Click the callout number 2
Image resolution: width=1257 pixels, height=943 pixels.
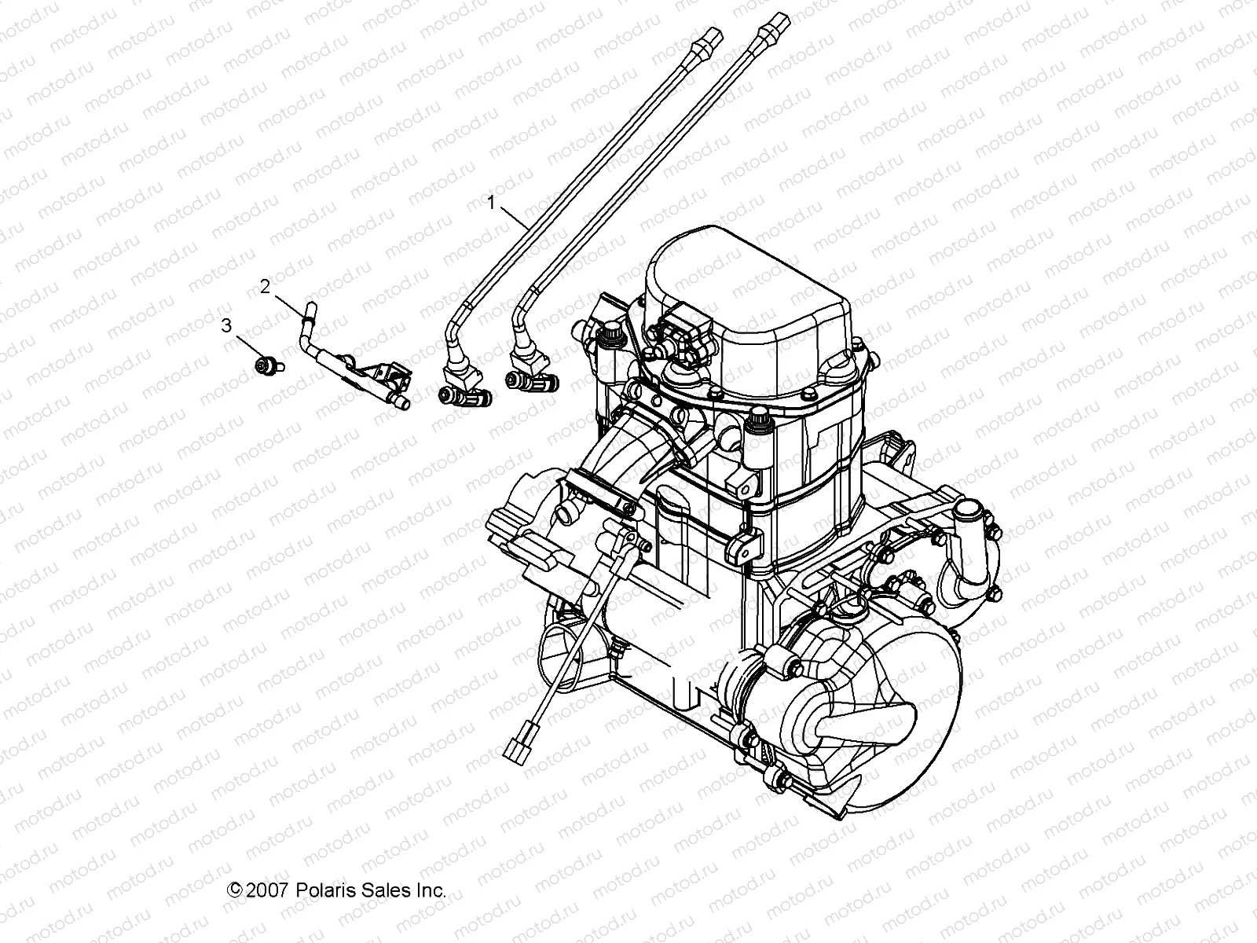266,287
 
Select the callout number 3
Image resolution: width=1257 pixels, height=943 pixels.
226,325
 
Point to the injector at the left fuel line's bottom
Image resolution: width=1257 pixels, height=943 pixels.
462,397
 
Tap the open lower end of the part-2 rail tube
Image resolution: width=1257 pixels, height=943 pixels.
405,405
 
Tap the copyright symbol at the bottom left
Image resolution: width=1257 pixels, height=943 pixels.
233,890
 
